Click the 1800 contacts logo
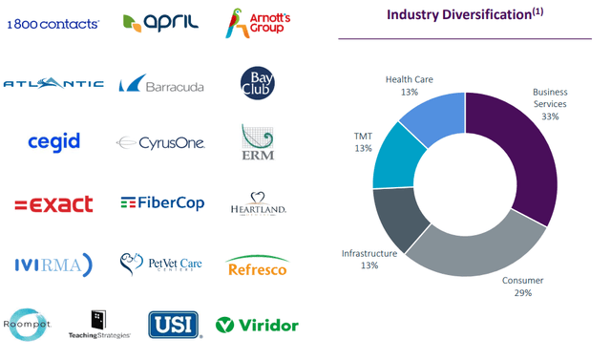point(53,23)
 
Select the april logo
point(160,21)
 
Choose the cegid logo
point(53,142)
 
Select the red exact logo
point(53,203)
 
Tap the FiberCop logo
point(160,202)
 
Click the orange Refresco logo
point(258,266)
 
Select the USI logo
point(174,325)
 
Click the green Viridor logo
point(258,325)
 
